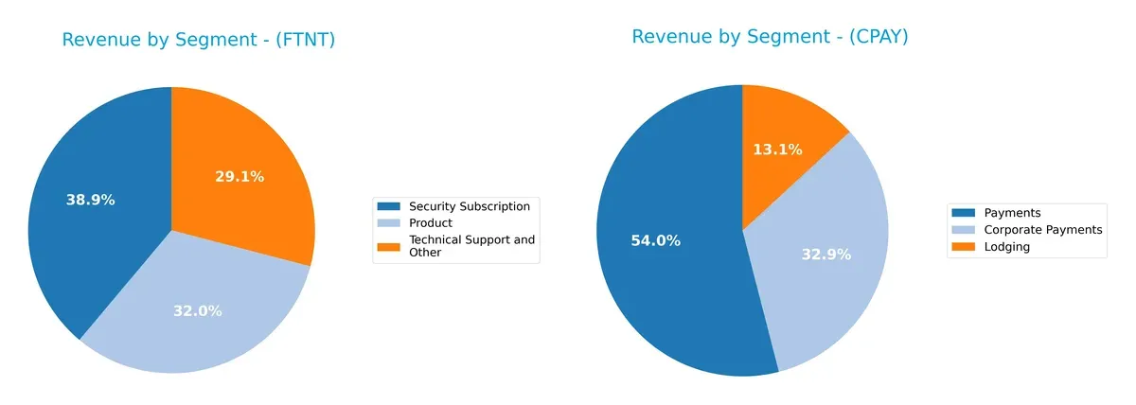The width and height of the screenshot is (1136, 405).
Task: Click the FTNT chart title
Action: click(199, 40)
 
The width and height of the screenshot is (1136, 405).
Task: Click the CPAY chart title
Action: click(770, 37)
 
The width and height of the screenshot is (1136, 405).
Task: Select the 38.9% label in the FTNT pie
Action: click(90, 200)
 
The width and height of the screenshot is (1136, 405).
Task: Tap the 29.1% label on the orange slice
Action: click(240, 176)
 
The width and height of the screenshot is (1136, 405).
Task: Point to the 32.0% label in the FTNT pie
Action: click(197, 310)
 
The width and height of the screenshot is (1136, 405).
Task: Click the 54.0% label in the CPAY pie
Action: click(655, 240)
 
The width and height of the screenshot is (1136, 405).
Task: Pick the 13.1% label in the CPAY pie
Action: click(777, 149)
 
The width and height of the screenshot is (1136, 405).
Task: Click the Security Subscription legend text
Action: click(469, 206)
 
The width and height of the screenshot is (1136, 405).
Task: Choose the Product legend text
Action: click(430, 223)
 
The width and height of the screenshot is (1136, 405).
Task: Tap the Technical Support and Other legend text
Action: click(470, 246)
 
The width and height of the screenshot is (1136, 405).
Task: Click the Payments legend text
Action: click(1012, 213)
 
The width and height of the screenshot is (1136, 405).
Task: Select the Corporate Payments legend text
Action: click(1042, 230)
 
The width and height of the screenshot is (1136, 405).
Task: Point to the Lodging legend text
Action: click(1006, 247)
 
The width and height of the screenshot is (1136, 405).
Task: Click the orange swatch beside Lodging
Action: click(964, 247)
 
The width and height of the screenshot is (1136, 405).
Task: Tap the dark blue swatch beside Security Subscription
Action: click(388, 206)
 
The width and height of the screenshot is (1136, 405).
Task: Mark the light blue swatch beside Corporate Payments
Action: click(964, 230)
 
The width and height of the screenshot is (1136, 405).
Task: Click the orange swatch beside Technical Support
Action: click(388, 246)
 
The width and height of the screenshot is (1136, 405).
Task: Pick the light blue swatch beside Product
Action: click(388, 223)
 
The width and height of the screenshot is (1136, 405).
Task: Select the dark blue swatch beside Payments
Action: click(964, 213)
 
